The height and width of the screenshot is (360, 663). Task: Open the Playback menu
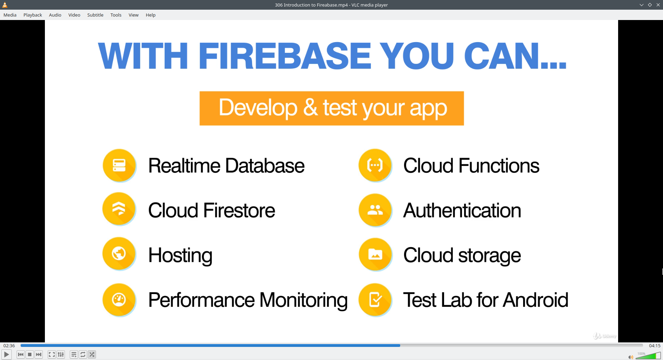click(x=32, y=15)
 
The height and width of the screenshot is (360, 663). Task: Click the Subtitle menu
click(x=95, y=15)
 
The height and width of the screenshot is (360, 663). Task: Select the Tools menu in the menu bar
click(x=116, y=15)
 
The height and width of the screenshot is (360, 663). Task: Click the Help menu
click(x=151, y=15)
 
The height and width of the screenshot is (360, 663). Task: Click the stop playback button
click(x=30, y=354)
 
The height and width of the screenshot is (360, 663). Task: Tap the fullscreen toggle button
click(x=51, y=354)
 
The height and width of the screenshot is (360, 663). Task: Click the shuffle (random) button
click(x=92, y=354)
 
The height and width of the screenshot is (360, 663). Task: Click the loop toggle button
click(x=83, y=354)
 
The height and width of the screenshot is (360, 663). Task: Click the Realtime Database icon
click(x=119, y=165)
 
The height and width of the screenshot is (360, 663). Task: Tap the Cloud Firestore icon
click(x=119, y=209)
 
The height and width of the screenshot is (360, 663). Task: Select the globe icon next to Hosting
click(x=119, y=254)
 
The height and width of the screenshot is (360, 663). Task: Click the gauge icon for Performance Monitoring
click(x=119, y=300)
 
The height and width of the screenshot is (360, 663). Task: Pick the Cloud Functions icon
click(x=375, y=165)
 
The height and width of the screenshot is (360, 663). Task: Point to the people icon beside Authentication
click(x=375, y=210)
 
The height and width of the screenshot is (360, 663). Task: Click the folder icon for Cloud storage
click(x=375, y=254)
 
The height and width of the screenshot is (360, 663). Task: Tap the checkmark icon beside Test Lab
click(x=375, y=300)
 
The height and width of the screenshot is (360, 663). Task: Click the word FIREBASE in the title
click(x=285, y=56)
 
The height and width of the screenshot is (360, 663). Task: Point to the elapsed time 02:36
click(x=9, y=346)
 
